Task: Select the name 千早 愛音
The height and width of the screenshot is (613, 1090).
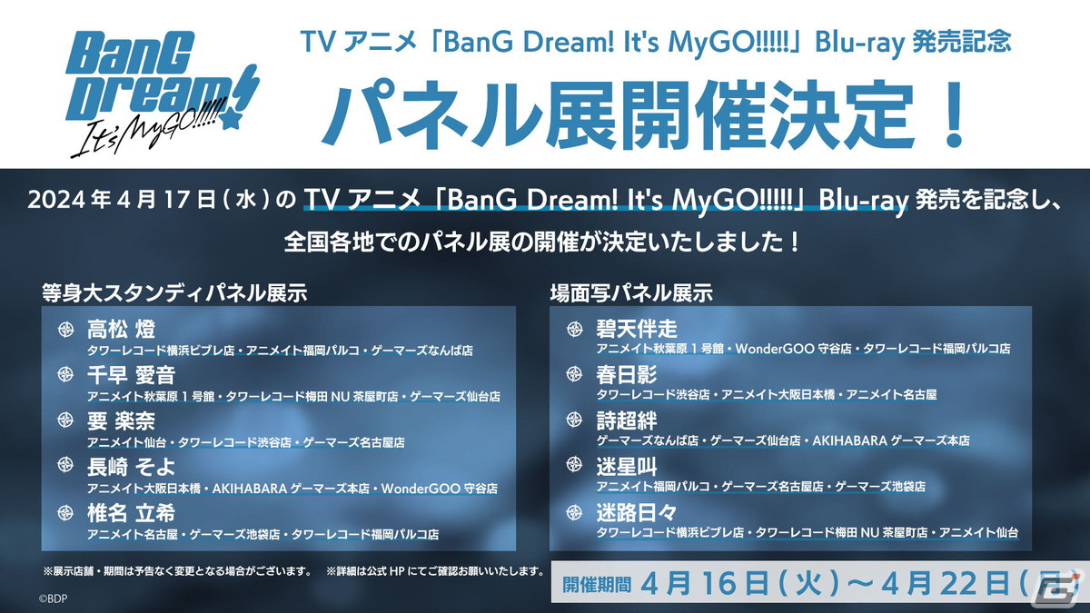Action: tap(131, 374)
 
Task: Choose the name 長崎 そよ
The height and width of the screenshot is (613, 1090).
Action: tap(130, 467)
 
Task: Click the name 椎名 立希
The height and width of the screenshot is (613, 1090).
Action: tap(131, 513)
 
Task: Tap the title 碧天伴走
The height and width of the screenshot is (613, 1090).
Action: tap(637, 328)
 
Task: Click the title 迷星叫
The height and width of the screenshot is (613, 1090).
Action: tap(627, 466)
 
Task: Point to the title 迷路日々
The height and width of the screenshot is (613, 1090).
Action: tap(637, 512)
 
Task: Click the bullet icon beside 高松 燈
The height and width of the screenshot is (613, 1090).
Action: tap(66, 328)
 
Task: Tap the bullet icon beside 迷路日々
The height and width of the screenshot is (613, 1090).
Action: tap(574, 512)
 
